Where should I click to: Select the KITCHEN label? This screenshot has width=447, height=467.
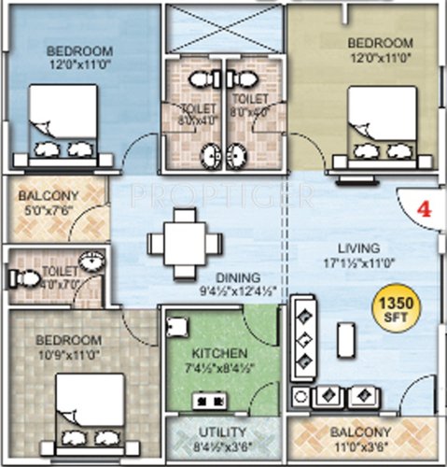221,353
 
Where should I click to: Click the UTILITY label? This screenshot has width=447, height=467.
222,432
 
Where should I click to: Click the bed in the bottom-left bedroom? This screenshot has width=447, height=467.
87,407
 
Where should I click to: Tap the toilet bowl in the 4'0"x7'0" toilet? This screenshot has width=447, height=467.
23,277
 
